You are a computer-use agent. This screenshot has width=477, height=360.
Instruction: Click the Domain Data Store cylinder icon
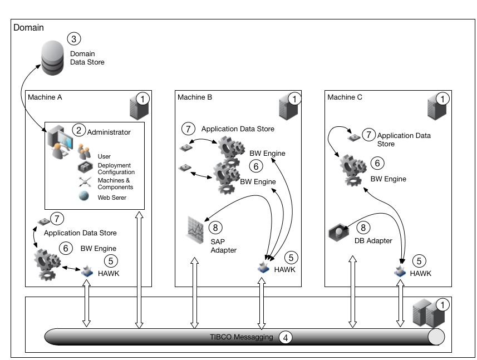point(54,59)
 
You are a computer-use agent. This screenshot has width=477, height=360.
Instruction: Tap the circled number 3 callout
point(73,39)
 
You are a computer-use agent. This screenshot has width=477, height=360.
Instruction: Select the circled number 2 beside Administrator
point(78,131)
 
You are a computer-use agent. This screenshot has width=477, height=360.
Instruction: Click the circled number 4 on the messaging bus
point(285,337)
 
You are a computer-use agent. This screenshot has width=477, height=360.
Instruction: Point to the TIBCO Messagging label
point(240,336)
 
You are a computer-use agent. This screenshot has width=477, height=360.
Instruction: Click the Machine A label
point(45,97)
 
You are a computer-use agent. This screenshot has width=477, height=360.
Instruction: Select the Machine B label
point(195,97)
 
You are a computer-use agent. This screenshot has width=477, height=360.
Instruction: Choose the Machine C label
point(345,97)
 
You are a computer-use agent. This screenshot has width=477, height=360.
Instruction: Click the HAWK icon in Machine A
point(87,272)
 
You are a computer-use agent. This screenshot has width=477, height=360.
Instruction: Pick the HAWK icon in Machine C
point(400,272)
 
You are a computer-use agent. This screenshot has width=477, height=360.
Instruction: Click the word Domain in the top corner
point(28,27)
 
